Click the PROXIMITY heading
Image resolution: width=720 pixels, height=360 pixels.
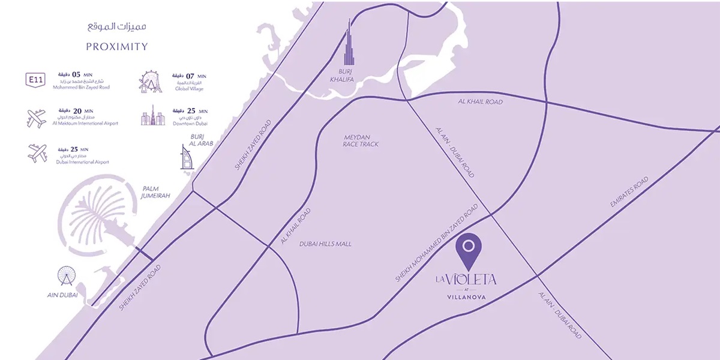pos(116,47)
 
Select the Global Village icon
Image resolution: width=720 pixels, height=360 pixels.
pos(151,82)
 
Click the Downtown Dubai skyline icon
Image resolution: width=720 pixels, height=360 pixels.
pos(153,116)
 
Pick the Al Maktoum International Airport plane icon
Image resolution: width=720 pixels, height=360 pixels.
pos(37,118)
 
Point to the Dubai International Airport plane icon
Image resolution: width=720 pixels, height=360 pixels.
pos(37,152)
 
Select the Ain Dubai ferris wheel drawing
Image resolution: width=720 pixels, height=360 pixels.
pos(67,277)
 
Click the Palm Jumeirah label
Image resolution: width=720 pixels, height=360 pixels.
pos(154,191)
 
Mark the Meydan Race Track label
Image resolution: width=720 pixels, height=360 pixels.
pos(361,140)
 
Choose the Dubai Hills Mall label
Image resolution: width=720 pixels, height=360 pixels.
pos(325,244)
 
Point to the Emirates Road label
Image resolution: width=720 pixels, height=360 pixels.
pos(629,193)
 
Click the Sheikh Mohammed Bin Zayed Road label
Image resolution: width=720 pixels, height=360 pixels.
pos(437,242)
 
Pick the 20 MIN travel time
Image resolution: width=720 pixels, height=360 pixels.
pos(81,111)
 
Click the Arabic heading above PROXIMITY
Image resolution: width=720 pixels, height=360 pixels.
pos(116,28)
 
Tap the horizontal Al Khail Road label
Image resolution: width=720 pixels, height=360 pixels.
pos(479,102)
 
